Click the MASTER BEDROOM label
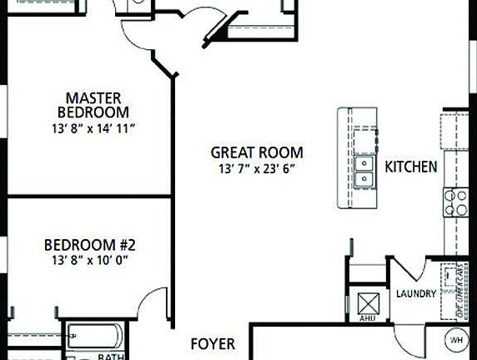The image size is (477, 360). [93, 104]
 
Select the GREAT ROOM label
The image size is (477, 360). [256, 152]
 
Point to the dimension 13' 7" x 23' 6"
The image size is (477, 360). [256, 169]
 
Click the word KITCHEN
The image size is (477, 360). [410, 167]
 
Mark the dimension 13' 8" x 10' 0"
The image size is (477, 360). [89, 260]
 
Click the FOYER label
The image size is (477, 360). [213, 343]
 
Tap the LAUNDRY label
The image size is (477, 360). [414, 293]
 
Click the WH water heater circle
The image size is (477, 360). [456, 340]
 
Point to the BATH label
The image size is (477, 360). [111, 356]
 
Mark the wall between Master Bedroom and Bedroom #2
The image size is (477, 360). [83, 196]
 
